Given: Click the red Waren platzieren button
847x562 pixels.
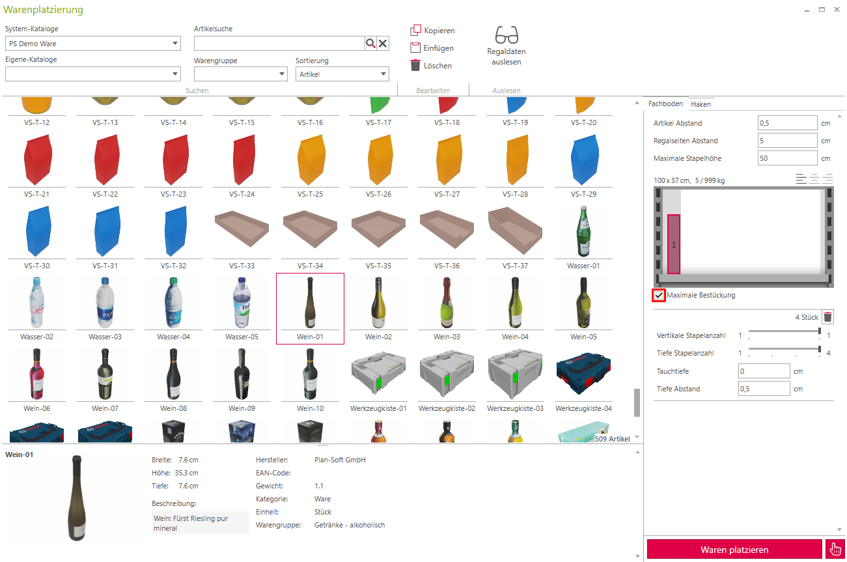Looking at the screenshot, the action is pyautogui.click(x=734, y=549).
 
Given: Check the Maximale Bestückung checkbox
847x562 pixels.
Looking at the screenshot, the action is pyautogui.click(x=659, y=295).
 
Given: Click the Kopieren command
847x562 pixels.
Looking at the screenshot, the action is pyautogui.click(x=432, y=30).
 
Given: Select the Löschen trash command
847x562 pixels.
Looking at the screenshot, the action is pyautogui.click(x=431, y=65).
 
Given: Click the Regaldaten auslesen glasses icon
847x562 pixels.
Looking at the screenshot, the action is pyautogui.click(x=507, y=35).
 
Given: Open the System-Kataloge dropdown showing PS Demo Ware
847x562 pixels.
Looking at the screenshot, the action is pyautogui.click(x=92, y=44).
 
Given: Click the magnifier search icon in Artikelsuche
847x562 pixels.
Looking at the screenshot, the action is pyautogui.click(x=370, y=44).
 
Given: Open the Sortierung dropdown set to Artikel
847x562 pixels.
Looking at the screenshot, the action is pyautogui.click(x=342, y=74).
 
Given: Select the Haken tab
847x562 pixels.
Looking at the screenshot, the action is pyautogui.click(x=701, y=104).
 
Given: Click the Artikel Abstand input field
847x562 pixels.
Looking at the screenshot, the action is pyautogui.click(x=787, y=123).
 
